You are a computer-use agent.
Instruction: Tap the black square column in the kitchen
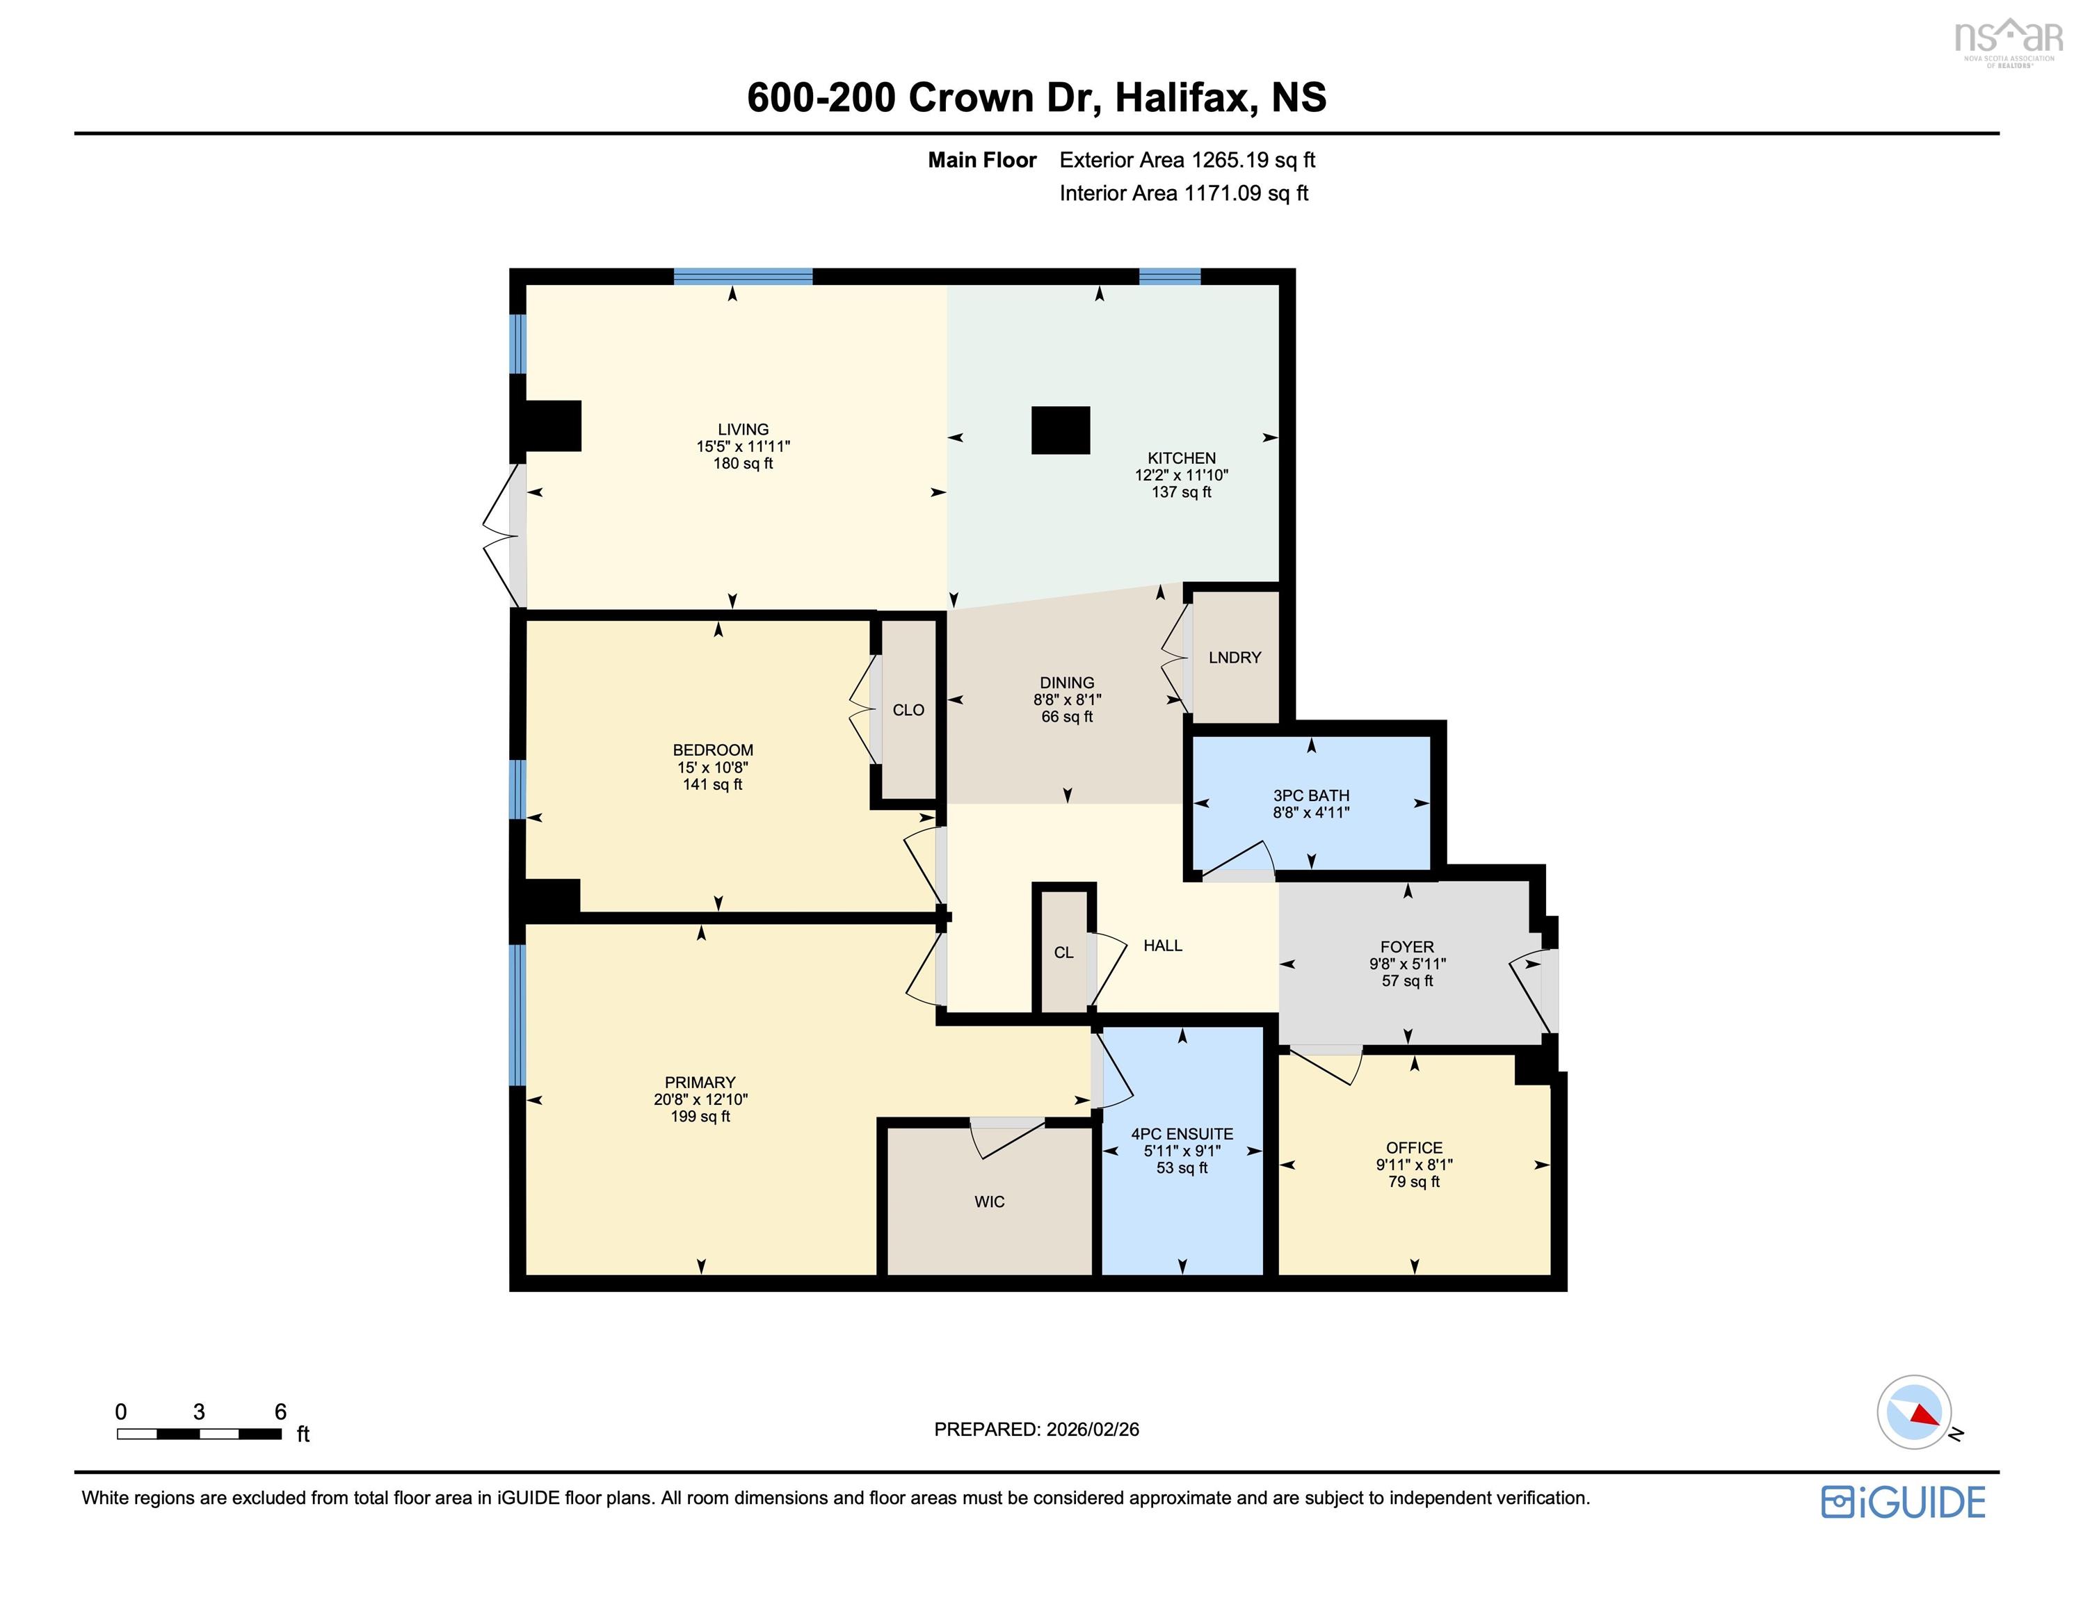(1060, 430)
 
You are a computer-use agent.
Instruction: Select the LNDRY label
(1235, 657)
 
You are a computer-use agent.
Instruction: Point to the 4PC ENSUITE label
(1182, 1134)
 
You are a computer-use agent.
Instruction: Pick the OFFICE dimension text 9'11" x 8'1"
(1413, 1164)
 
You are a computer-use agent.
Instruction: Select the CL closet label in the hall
(1063, 953)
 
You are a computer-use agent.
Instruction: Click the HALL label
(1162, 945)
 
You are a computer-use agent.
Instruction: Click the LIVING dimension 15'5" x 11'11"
(743, 446)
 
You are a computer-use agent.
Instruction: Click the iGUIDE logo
(1903, 1503)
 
